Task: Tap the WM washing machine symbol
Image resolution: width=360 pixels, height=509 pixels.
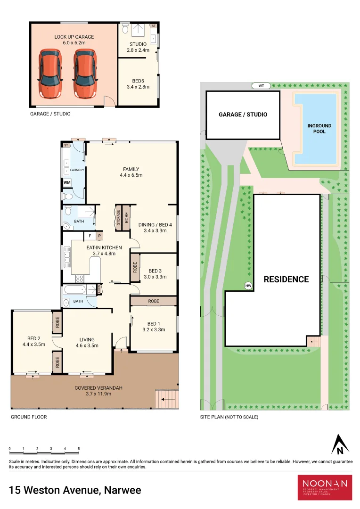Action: coord(67,182)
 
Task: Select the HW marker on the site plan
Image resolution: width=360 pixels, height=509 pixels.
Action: coord(248,286)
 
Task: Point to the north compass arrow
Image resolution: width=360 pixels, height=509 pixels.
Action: coord(339,444)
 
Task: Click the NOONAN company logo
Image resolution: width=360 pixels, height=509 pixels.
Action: coord(325,487)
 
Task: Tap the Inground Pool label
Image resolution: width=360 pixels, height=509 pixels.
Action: coord(319,129)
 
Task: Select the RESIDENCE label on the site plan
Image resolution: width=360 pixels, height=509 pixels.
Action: coord(286,279)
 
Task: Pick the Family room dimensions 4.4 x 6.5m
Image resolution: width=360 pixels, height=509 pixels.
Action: coord(131,175)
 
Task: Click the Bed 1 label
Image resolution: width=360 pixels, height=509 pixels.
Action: coord(154,323)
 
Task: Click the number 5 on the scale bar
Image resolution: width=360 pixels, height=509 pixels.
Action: coord(79,449)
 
